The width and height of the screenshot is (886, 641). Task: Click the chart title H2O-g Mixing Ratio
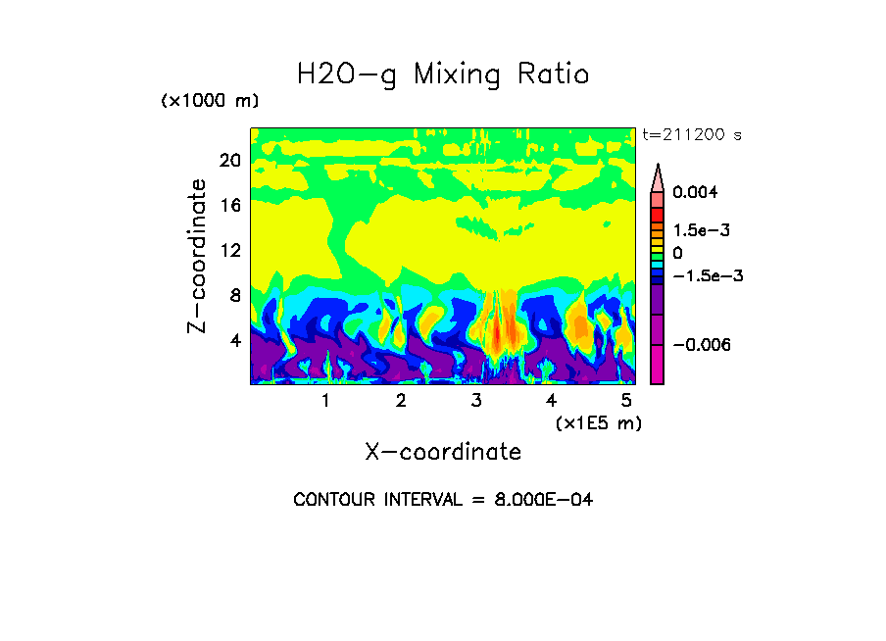pyautogui.click(x=443, y=74)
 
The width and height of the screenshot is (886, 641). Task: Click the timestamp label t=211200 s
pyautogui.click(x=692, y=134)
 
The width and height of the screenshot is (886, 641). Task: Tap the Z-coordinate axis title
pyautogui.click(x=197, y=256)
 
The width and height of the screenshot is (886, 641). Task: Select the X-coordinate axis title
pyautogui.click(x=443, y=452)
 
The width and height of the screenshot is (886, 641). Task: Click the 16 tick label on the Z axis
pyautogui.click(x=229, y=205)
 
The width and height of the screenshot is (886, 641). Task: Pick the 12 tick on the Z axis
pyautogui.click(x=229, y=250)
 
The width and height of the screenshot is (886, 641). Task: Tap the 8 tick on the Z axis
pyautogui.click(x=234, y=295)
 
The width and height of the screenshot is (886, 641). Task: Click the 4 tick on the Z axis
pyautogui.click(x=234, y=341)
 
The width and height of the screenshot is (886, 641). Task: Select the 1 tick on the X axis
pyautogui.click(x=325, y=401)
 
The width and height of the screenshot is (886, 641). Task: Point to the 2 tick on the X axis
pyautogui.click(x=401, y=401)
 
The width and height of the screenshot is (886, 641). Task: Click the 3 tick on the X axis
pyautogui.click(x=476, y=401)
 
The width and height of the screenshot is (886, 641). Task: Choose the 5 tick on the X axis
pyautogui.click(x=626, y=401)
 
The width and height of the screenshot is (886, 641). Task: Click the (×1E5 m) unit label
pyautogui.click(x=598, y=423)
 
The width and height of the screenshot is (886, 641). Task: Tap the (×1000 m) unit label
pyautogui.click(x=210, y=102)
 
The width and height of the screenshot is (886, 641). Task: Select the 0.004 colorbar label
pyautogui.click(x=696, y=192)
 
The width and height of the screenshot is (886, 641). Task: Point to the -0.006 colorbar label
pyautogui.click(x=703, y=345)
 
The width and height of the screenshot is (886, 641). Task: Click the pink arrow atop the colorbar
pyautogui.click(x=658, y=177)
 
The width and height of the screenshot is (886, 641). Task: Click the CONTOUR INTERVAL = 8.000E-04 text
pyautogui.click(x=443, y=500)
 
